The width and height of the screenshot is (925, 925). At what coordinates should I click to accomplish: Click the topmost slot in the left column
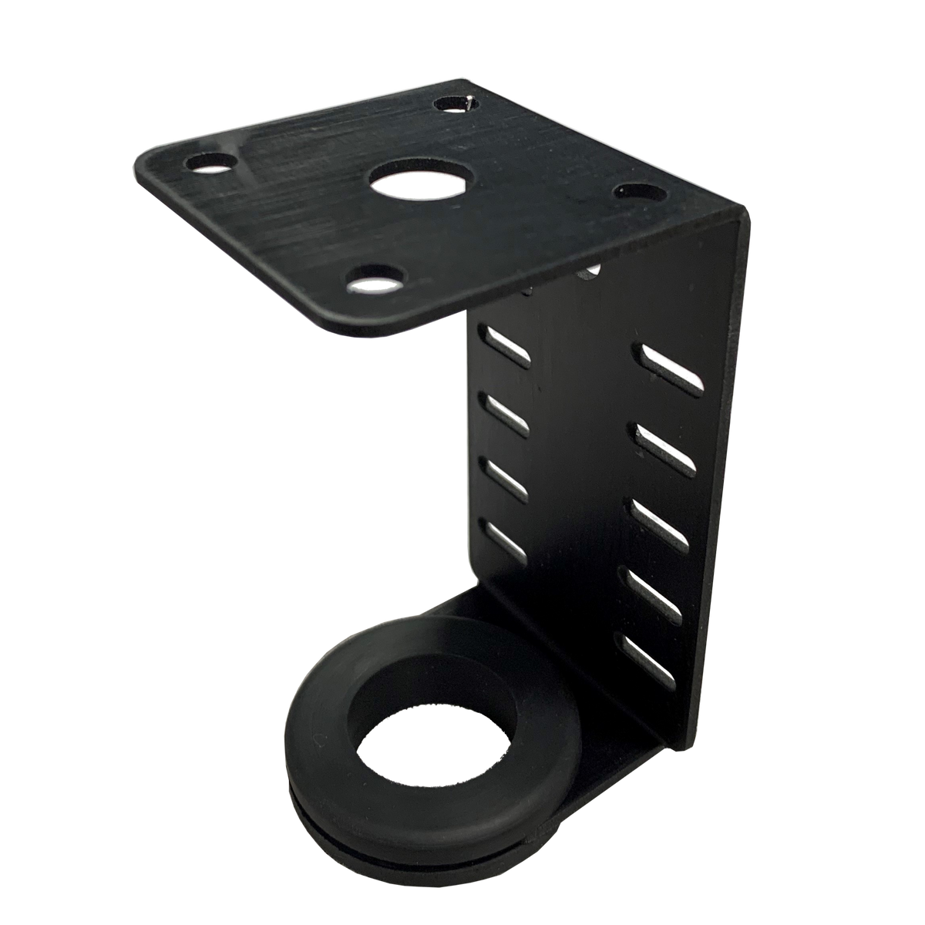click(x=506, y=345)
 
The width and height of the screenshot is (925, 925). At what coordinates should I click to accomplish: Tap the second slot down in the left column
click(x=506, y=415)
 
